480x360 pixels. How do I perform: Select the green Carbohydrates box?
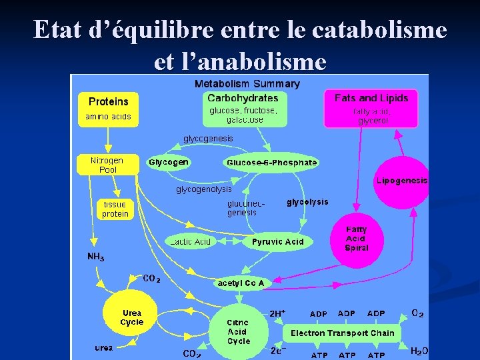tap(243, 108)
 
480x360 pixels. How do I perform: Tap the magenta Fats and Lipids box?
tap(371, 108)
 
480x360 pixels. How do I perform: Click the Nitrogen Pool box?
tap(107, 165)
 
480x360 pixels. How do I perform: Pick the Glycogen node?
tap(169, 162)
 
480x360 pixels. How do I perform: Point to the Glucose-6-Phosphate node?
tap(271, 163)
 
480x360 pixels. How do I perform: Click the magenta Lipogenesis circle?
tap(401, 181)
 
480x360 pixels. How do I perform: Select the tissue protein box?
tap(115, 209)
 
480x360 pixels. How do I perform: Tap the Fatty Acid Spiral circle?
tap(357, 239)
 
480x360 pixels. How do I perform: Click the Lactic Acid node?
tap(191, 241)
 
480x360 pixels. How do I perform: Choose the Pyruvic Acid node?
tap(277, 242)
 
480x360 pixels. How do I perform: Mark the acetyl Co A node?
tap(241, 283)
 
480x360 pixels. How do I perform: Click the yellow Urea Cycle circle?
tap(131, 317)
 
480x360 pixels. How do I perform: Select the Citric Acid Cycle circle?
tap(238, 331)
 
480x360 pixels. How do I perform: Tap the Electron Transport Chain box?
tap(342, 333)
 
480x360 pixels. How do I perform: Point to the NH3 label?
tap(96, 257)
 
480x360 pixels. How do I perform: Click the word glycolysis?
tap(307, 202)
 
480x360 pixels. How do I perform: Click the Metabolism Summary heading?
tap(247, 84)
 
